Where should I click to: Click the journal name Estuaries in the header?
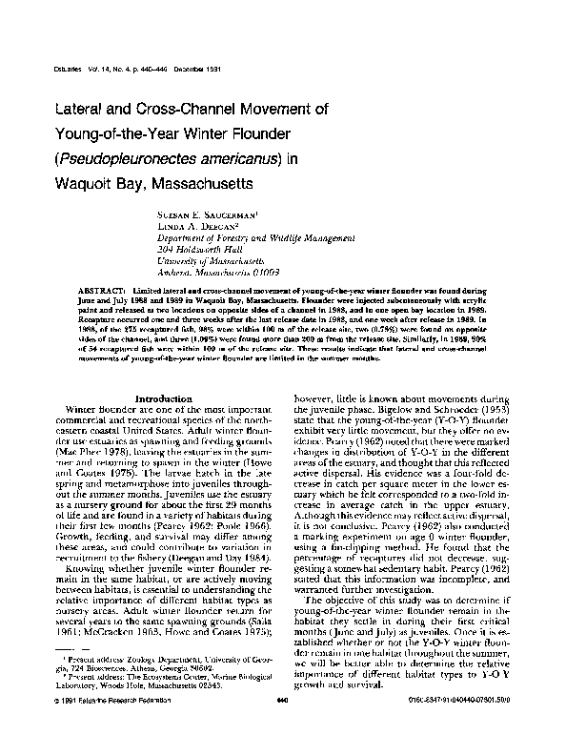pos(60,72)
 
